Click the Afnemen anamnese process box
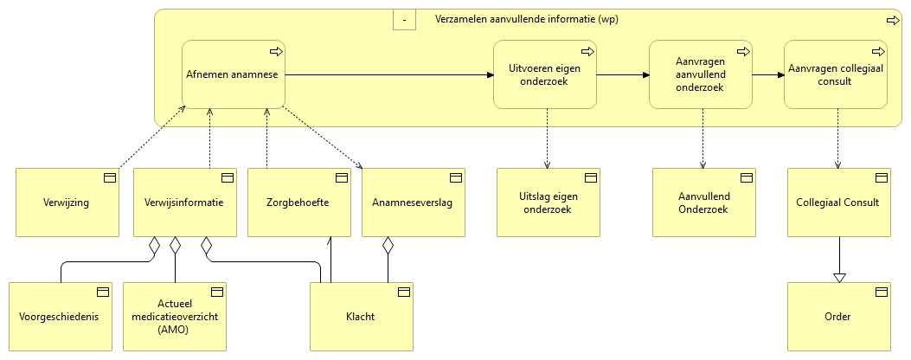point(233,74)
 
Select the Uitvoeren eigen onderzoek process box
point(544,74)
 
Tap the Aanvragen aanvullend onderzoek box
point(700,74)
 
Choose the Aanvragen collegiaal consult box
point(835,74)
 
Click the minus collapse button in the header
point(404,19)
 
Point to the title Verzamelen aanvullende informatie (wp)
point(526,19)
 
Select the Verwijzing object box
point(67,202)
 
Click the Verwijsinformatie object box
point(184,202)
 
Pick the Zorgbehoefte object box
point(298,202)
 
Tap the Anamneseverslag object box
point(413,202)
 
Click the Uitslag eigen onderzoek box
point(548,202)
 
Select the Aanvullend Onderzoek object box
point(703,202)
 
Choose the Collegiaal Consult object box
point(837,202)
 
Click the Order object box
point(837,317)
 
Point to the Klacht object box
point(362,317)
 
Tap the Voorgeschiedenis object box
point(60,317)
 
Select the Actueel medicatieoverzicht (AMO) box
point(174,317)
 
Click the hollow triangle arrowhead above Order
point(838,277)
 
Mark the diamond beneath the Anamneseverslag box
point(388,246)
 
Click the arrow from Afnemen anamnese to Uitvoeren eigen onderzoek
point(389,74)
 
